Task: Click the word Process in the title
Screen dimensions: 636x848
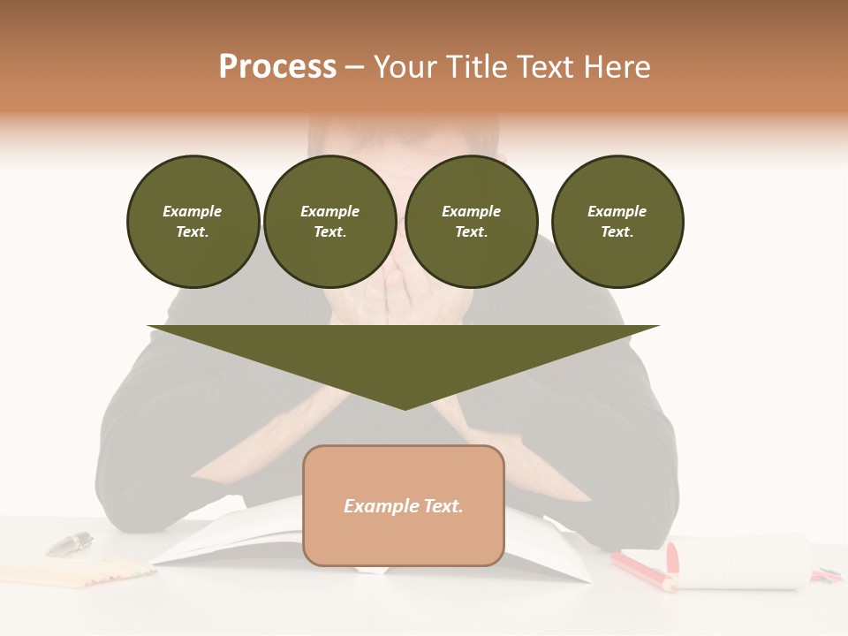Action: pos(277,67)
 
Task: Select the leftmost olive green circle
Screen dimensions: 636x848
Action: pos(193,222)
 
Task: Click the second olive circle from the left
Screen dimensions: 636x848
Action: pos(329,222)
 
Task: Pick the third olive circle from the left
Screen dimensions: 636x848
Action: pos(471,222)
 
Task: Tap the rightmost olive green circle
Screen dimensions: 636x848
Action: pos(617,222)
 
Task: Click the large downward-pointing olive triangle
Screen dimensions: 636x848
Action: pos(404,358)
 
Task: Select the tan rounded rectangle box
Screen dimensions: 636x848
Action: pos(404,539)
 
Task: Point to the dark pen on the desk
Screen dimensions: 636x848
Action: pos(69,544)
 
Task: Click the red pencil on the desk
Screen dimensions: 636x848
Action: pos(641,570)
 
